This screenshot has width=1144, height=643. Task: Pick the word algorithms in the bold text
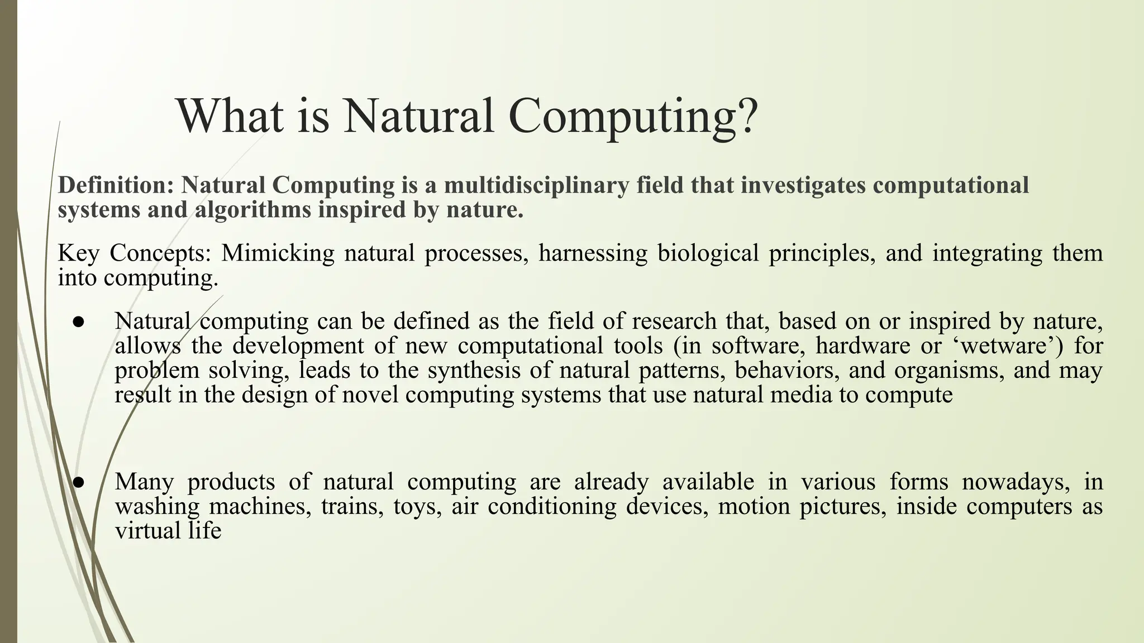pos(254,210)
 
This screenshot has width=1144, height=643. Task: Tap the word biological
pos(708,253)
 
